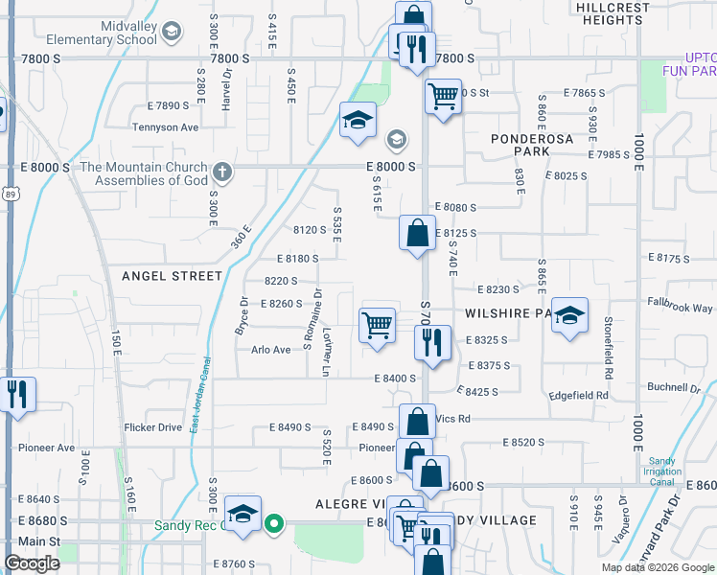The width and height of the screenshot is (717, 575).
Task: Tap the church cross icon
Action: (222, 173)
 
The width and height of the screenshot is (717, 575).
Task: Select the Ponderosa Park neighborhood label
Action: (533, 145)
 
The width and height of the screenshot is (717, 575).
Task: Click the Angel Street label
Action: (172, 276)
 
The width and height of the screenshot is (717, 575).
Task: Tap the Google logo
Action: (33, 563)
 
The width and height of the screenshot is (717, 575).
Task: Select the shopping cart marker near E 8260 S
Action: (377, 325)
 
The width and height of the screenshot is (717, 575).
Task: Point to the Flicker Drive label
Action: (152, 427)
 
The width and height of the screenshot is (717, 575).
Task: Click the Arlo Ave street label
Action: (270, 350)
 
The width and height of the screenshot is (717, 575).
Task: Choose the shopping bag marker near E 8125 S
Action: (417, 233)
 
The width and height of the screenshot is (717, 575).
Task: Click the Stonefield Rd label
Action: (608, 336)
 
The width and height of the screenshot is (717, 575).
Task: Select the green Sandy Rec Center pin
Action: (273, 523)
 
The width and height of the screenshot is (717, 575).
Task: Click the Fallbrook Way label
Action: (680, 308)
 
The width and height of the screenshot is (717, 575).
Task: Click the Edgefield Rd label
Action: (579, 395)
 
